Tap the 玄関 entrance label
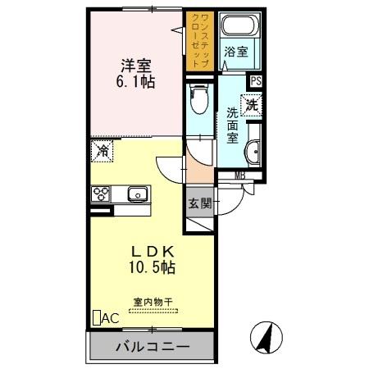pyautogui.click(x=199, y=203)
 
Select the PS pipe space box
pyautogui.click(x=257, y=80)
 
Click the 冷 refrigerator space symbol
pyautogui.click(x=102, y=150)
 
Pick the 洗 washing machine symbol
pyautogui.click(x=253, y=106)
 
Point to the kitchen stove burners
pyautogui.click(x=102, y=194)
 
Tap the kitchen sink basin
pyautogui.click(x=135, y=194)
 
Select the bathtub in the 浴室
pyautogui.click(x=239, y=30)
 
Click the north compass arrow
pyautogui.click(x=267, y=337)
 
